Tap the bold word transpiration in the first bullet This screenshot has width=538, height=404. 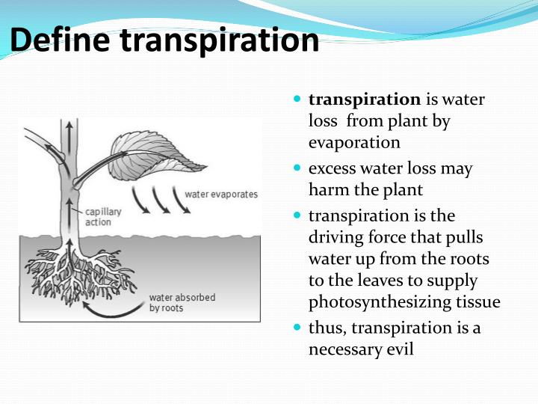click(x=365, y=99)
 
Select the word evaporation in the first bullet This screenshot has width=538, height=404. click(x=354, y=142)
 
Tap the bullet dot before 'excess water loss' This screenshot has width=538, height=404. click(x=297, y=168)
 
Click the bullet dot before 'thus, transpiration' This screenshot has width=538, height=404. click(x=297, y=328)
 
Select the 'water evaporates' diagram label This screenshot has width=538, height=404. click(x=221, y=195)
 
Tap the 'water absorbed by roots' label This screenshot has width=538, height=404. click(x=182, y=302)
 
